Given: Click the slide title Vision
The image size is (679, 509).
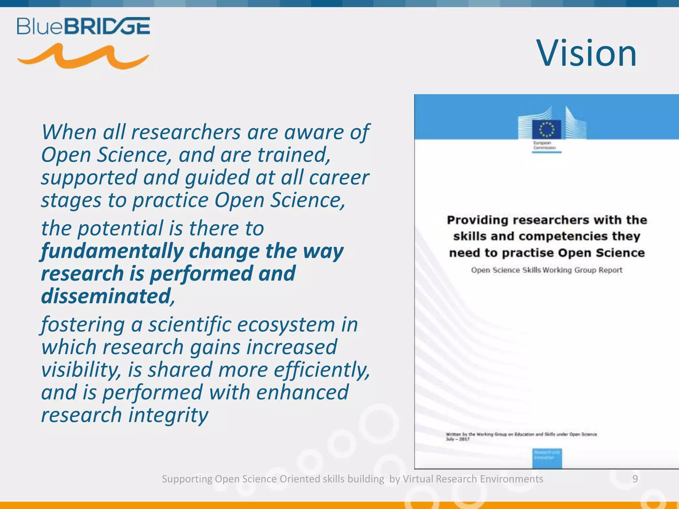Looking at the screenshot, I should [x=587, y=53].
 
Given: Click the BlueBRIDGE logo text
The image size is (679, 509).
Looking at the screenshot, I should [x=83, y=26].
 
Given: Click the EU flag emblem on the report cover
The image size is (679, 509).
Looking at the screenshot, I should [x=547, y=129].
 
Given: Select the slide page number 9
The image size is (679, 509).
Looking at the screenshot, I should [x=635, y=479].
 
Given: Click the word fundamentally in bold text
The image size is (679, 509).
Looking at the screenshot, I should [x=112, y=251].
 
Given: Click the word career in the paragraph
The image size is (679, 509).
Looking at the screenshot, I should [x=339, y=177].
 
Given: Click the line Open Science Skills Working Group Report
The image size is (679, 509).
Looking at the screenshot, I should [x=547, y=270].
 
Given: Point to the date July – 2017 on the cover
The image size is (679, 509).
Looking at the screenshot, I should [x=458, y=439].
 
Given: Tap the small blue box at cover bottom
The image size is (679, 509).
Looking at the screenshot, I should [x=547, y=458].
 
